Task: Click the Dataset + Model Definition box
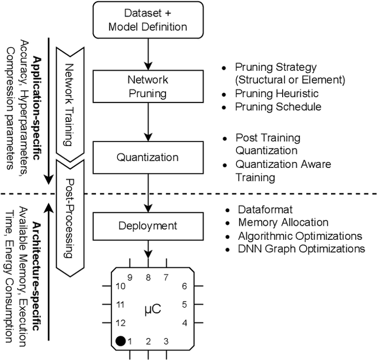click(x=148, y=19)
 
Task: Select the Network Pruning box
click(x=148, y=86)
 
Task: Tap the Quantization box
click(x=148, y=157)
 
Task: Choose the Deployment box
click(x=148, y=225)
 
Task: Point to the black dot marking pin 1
click(x=120, y=341)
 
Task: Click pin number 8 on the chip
click(x=148, y=277)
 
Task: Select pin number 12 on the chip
click(x=120, y=323)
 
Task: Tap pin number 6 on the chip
click(x=184, y=286)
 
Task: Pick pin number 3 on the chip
click(x=167, y=341)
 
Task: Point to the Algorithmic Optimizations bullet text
click(x=299, y=236)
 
